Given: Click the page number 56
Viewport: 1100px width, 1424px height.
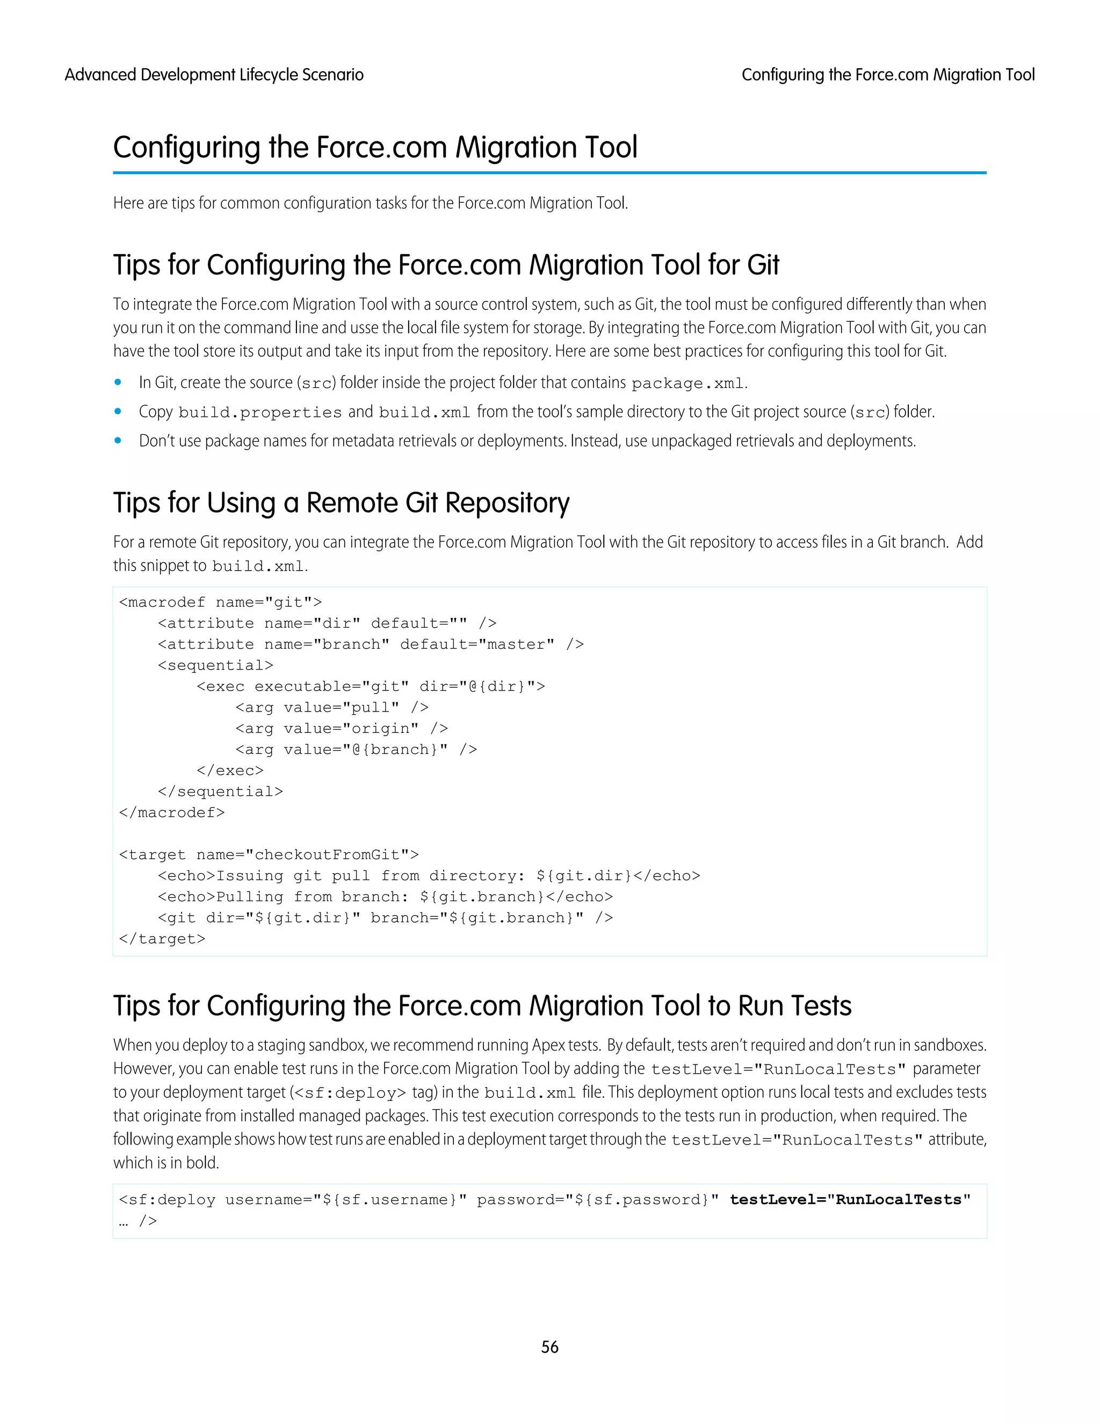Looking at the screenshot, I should click(549, 1347).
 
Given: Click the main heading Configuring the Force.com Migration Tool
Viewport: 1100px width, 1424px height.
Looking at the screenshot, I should click(375, 147).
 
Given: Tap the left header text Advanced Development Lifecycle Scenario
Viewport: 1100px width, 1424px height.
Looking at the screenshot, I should click(214, 75).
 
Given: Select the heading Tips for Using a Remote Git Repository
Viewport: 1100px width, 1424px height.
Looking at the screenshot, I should click(341, 503).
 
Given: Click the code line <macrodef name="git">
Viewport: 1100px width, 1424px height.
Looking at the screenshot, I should click(220, 602).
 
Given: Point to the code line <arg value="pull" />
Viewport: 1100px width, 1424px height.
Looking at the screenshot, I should click(332, 708).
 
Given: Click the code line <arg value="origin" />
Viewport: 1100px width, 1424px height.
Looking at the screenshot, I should click(342, 728).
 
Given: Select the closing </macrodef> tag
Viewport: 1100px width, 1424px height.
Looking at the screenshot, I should click(172, 812).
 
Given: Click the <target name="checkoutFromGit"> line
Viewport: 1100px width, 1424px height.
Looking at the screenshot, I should click(269, 855).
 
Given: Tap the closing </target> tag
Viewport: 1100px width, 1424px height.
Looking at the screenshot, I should click(162, 939).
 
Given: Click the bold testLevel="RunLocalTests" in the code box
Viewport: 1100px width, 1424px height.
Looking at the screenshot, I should click(850, 1200).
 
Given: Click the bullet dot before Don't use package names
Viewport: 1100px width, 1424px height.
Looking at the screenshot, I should click(118, 441).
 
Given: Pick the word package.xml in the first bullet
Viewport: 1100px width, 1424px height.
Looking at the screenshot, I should click(687, 383).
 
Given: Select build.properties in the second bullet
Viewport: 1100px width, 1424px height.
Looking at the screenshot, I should click(260, 413).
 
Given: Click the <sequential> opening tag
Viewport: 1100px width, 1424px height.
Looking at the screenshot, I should click(215, 666).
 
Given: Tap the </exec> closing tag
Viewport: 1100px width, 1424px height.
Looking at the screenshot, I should click(230, 771).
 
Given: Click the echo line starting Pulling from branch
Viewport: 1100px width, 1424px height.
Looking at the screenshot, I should click(385, 897).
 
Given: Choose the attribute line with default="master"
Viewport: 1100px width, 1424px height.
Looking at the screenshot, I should click(370, 645).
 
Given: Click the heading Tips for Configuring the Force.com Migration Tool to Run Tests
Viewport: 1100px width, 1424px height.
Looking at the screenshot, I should click(482, 1006).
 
